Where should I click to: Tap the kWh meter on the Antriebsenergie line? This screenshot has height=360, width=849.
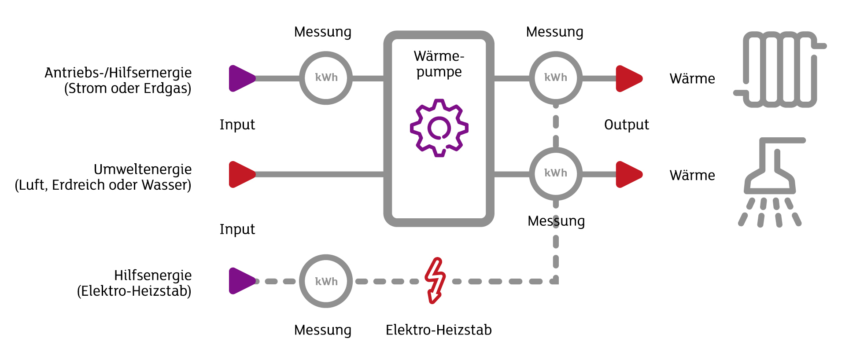[x=326, y=78]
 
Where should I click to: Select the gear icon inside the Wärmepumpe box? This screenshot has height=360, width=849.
[x=439, y=128]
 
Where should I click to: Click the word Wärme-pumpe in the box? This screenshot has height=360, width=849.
[x=439, y=64]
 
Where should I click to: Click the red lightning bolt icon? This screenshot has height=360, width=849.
[x=435, y=280]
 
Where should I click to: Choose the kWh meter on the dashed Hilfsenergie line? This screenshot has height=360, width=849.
[x=326, y=281]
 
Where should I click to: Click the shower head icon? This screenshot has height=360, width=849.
[x=771, y=180]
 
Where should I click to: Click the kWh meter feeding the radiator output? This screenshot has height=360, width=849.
[x=556, y=78]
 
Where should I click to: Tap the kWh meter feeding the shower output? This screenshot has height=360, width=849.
[x=556, y=173]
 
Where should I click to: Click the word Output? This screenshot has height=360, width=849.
[x=626, y=125]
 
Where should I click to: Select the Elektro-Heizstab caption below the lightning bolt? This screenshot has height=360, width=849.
[x=439, y=330]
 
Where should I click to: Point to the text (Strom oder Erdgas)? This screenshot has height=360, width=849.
[x=128, y=88]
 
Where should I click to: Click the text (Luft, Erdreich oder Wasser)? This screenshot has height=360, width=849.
[x=103, y=185]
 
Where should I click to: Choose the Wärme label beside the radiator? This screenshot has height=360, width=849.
[x=692, y=78]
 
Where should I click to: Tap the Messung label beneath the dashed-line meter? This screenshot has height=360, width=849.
[x=323, y=330]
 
